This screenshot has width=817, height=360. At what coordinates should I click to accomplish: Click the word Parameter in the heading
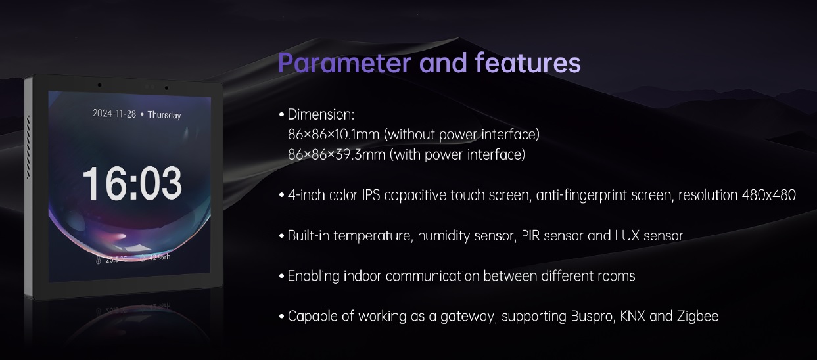[344, 62]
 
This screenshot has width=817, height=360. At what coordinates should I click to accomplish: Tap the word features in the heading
[528, 62]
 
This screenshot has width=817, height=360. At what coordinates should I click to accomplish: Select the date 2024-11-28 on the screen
[114, 114]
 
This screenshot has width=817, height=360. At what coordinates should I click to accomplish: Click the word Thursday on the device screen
[164, 115]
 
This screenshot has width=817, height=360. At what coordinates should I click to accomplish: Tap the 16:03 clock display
[132, 183]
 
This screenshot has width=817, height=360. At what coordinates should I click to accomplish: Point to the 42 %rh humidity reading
[159, 258]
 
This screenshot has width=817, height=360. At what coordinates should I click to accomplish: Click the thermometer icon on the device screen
[98, 260]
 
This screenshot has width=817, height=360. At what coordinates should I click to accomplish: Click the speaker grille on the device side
[28, 147]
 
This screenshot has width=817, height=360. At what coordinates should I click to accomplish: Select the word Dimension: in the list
[321, 115]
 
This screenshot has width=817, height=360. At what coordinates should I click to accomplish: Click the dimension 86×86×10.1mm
[334, 135]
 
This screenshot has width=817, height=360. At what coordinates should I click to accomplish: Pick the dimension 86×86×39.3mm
[337, 155]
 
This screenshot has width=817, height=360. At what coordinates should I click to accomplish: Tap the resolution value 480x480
[768, 195]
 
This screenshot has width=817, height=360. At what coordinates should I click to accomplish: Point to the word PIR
[530, 236]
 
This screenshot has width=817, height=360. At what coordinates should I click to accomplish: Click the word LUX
[627, 236]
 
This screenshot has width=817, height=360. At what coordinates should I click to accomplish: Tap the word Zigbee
[698, 316]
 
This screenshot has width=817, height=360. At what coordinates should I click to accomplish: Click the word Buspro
[592, 316]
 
